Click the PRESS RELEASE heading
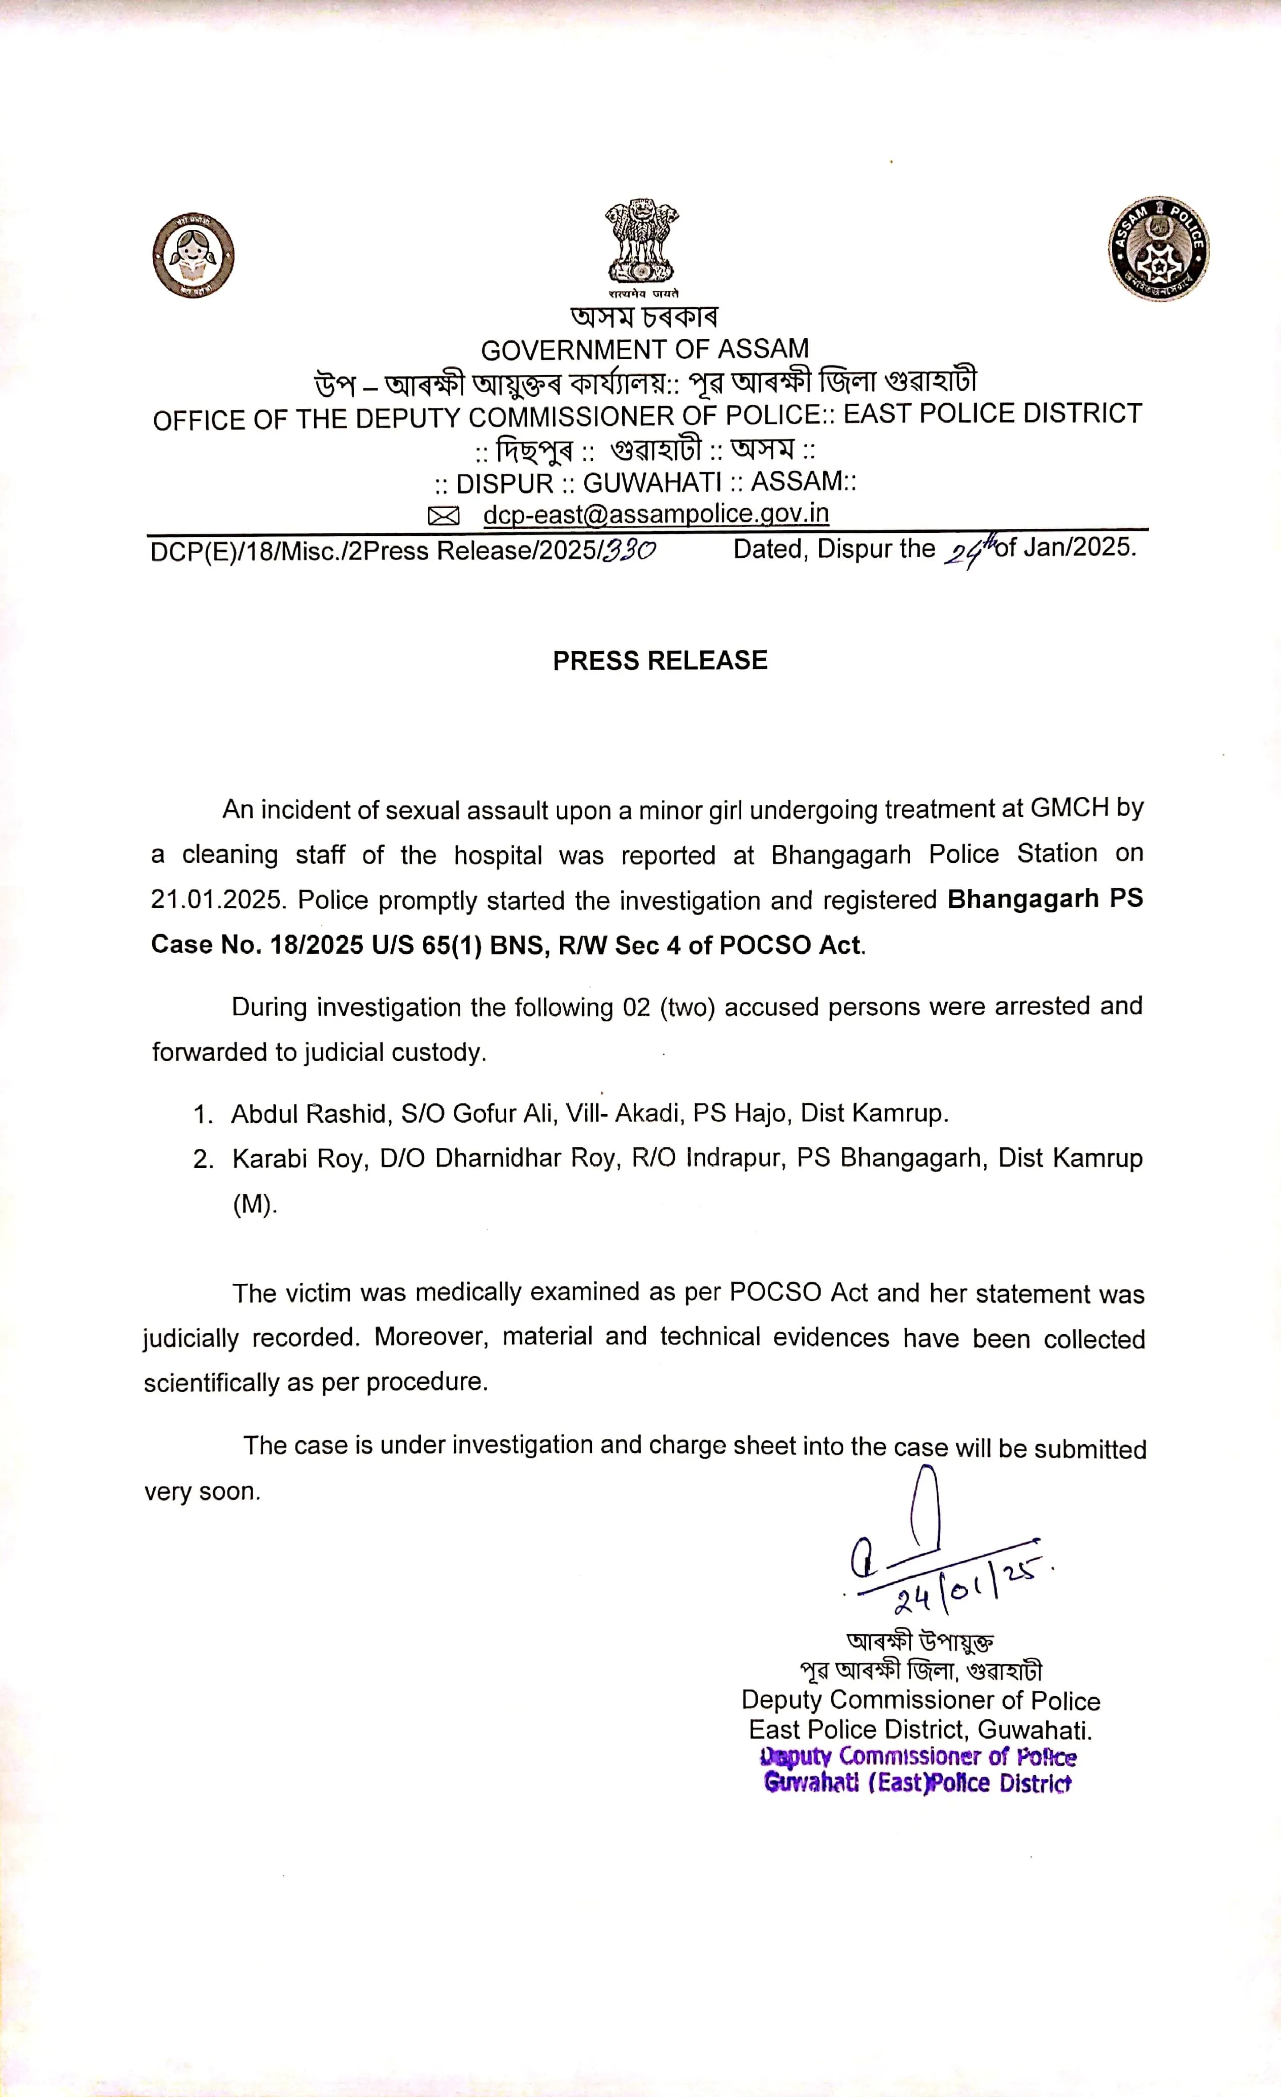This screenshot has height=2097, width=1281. tap(659, 660)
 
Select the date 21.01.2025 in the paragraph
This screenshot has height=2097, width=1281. tap(216, 900)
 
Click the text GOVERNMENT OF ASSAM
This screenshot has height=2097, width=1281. tap(644, 349)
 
